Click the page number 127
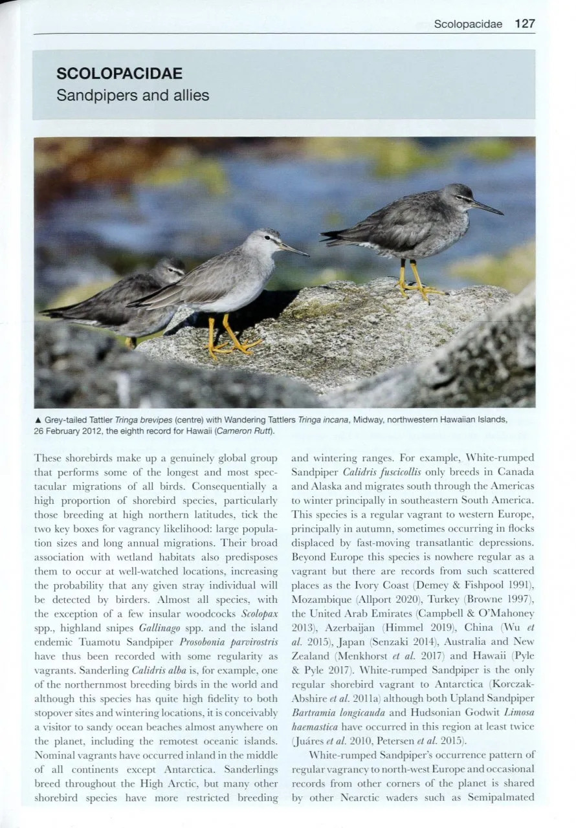click(x=526, y=24)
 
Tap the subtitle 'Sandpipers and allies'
click(x=133, y=95)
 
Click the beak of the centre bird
click(x=294, y=250)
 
